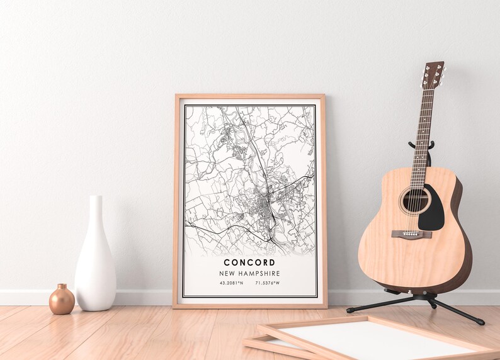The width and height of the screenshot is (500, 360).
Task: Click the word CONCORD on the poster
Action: (249, 262)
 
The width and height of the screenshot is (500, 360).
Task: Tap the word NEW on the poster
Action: (229, 274)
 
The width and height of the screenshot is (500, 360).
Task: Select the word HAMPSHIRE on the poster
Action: (259, 274)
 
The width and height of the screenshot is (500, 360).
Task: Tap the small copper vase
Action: (62, 300)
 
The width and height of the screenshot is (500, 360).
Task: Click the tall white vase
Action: (95, 264)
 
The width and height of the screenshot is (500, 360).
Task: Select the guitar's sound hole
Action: (415, 201)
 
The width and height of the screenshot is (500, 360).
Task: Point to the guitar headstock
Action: (433, 74)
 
